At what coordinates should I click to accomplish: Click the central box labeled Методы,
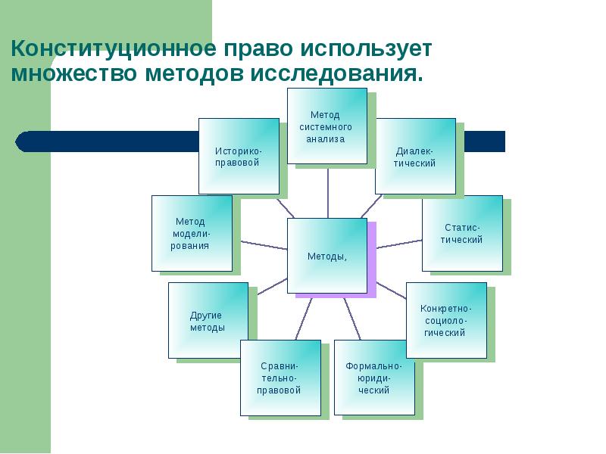click(x=327, y=256)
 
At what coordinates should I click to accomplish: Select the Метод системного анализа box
click(x=326, y=126)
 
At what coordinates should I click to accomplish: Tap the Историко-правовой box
click(x=239, y=156)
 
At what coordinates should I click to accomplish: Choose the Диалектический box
click(x=415, y=156)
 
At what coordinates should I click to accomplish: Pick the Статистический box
click(x=462, y=233)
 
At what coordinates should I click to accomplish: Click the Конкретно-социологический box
click(x=446, y=320)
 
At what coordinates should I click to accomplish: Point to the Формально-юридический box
click(x=373, y=378)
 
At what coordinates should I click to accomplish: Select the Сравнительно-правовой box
click(x=280, y=378)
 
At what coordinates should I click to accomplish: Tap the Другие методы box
click(x=208, y=320)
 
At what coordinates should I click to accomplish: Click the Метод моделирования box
click(x=192, y=233)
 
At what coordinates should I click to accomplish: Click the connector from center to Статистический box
click(x=399, y=244)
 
